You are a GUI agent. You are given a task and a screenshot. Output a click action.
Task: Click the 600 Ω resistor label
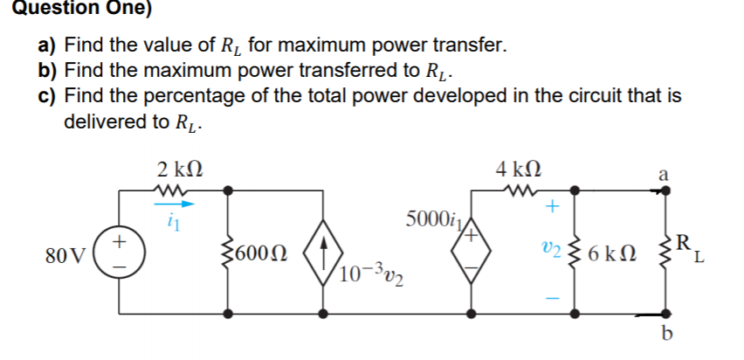pyautogui.click(x=258, y=254)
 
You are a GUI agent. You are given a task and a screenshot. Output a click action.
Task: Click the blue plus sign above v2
pyautogui.click(x=551, y=208)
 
